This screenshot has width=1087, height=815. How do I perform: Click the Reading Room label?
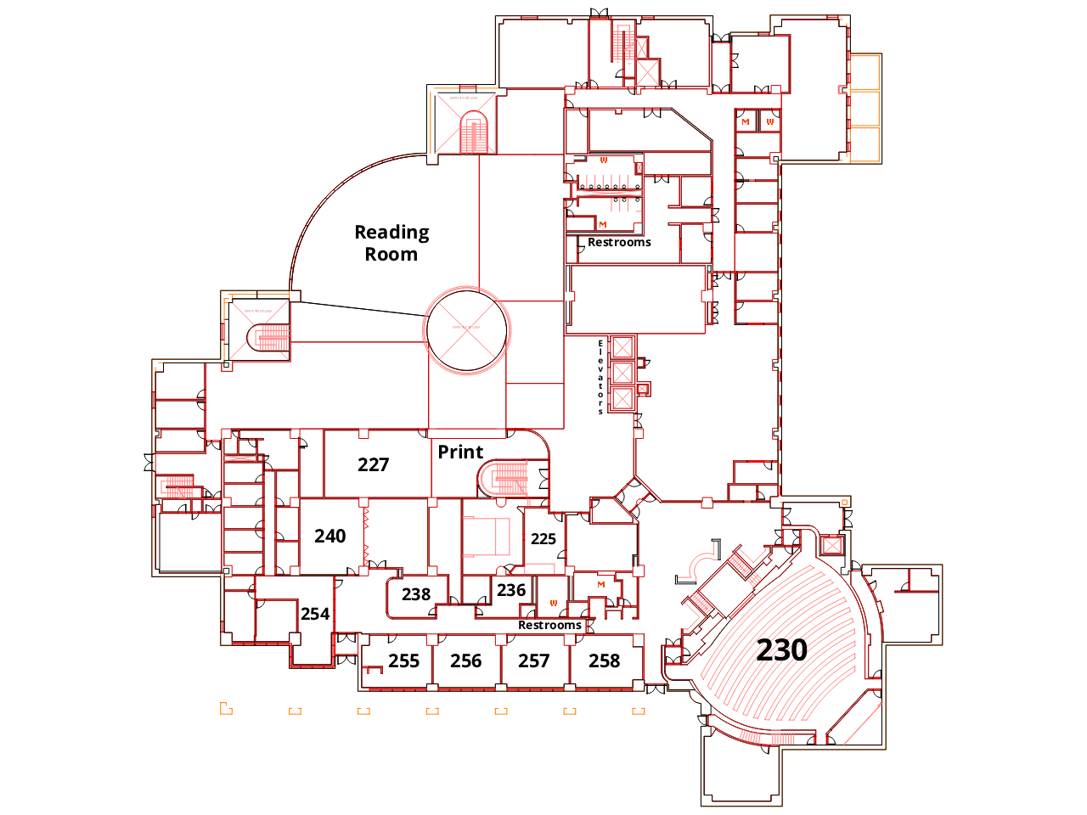391,243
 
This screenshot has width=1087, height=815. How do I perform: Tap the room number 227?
373,464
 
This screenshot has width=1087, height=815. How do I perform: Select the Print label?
460,452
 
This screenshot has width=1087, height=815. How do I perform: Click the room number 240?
329,536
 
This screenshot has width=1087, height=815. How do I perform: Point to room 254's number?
315,614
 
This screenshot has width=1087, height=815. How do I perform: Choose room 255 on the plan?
403,660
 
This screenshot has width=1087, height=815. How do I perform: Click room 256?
465,660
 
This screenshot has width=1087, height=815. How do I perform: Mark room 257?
533,660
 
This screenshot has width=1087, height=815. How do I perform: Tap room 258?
604,660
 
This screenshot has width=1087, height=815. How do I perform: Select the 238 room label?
416,594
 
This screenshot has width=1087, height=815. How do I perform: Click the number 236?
511,590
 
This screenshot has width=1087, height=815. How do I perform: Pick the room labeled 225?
543,539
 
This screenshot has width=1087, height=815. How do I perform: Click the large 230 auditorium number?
781,650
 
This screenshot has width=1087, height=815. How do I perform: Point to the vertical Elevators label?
600,377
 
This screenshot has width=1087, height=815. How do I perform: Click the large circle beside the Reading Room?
467,331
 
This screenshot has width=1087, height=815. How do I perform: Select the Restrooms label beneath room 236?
549,626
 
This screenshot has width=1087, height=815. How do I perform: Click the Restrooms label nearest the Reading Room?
619,242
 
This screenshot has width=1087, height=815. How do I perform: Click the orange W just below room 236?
554,604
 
